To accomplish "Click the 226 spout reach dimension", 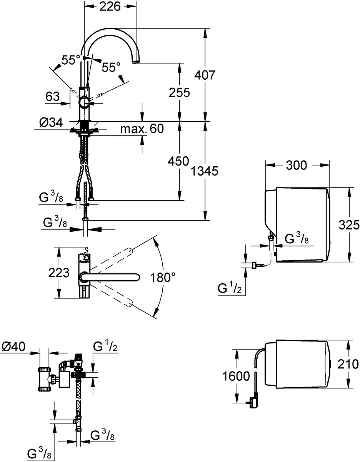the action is [x=110, y=7].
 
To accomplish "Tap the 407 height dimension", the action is [x=205, y=75].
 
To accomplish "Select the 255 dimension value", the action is [x=180, y=93].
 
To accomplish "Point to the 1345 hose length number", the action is [x=205, y=171].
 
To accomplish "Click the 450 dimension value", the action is [x=178, y=161].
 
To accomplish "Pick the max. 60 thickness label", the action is [x=142, y=129].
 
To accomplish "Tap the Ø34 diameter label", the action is [x=51, y=123].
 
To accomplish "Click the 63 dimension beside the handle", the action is [x=52, y=96].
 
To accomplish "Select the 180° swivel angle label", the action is [x=163, y=278].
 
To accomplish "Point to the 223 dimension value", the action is [x=59, y=273].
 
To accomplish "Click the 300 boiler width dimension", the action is [x=297, y=165].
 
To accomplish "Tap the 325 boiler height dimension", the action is [x=349, y=225].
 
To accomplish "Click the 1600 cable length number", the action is [x=236, y=376].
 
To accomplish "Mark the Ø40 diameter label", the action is [x=13, y=346].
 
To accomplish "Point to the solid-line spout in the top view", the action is [x=109, y=277].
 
